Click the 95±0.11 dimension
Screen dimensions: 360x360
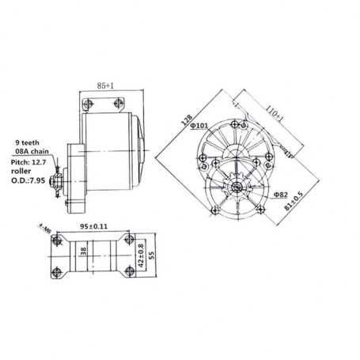[x=93, y=226]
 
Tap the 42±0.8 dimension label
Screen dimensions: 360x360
[x=142, y=256]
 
